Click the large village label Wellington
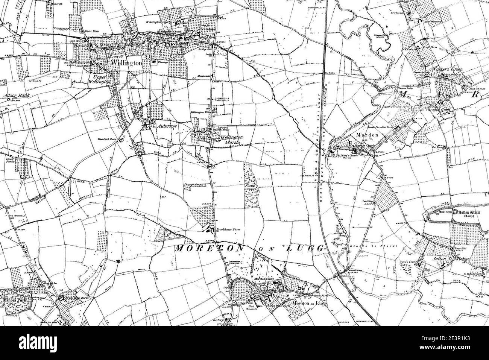[x=126, y=63]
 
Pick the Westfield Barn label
[x=106, y=139]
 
